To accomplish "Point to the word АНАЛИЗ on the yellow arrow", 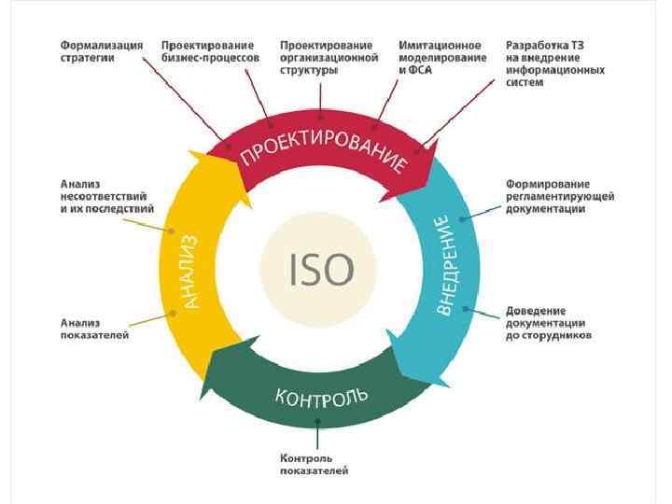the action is (x=189, y=272).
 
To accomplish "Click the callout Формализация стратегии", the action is (x=102, y=50).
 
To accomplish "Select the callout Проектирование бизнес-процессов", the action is (x=210, y=50).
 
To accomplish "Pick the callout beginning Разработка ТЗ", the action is (x=553, y=63).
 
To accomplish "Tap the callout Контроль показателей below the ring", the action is (x=315, y=464).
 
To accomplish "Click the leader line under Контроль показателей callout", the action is (x=319, y=436).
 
